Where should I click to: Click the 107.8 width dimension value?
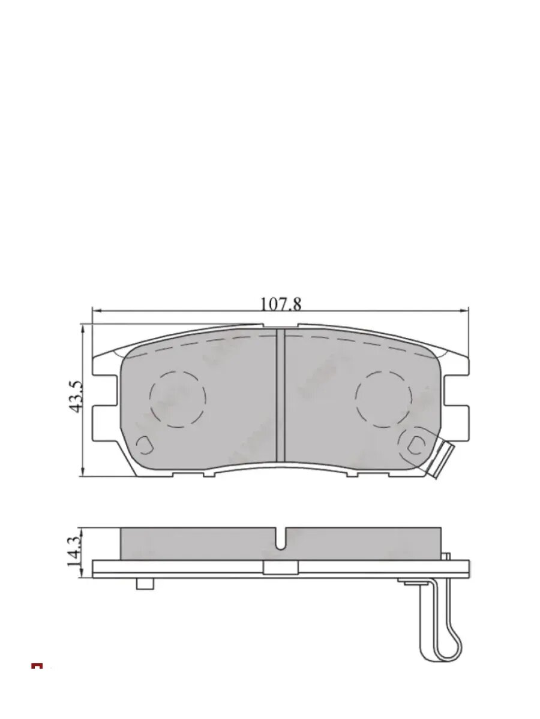(280, 304)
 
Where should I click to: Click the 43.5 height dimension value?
(76, 397)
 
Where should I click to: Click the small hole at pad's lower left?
(144, 445)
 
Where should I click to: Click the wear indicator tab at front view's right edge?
(440, 460)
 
